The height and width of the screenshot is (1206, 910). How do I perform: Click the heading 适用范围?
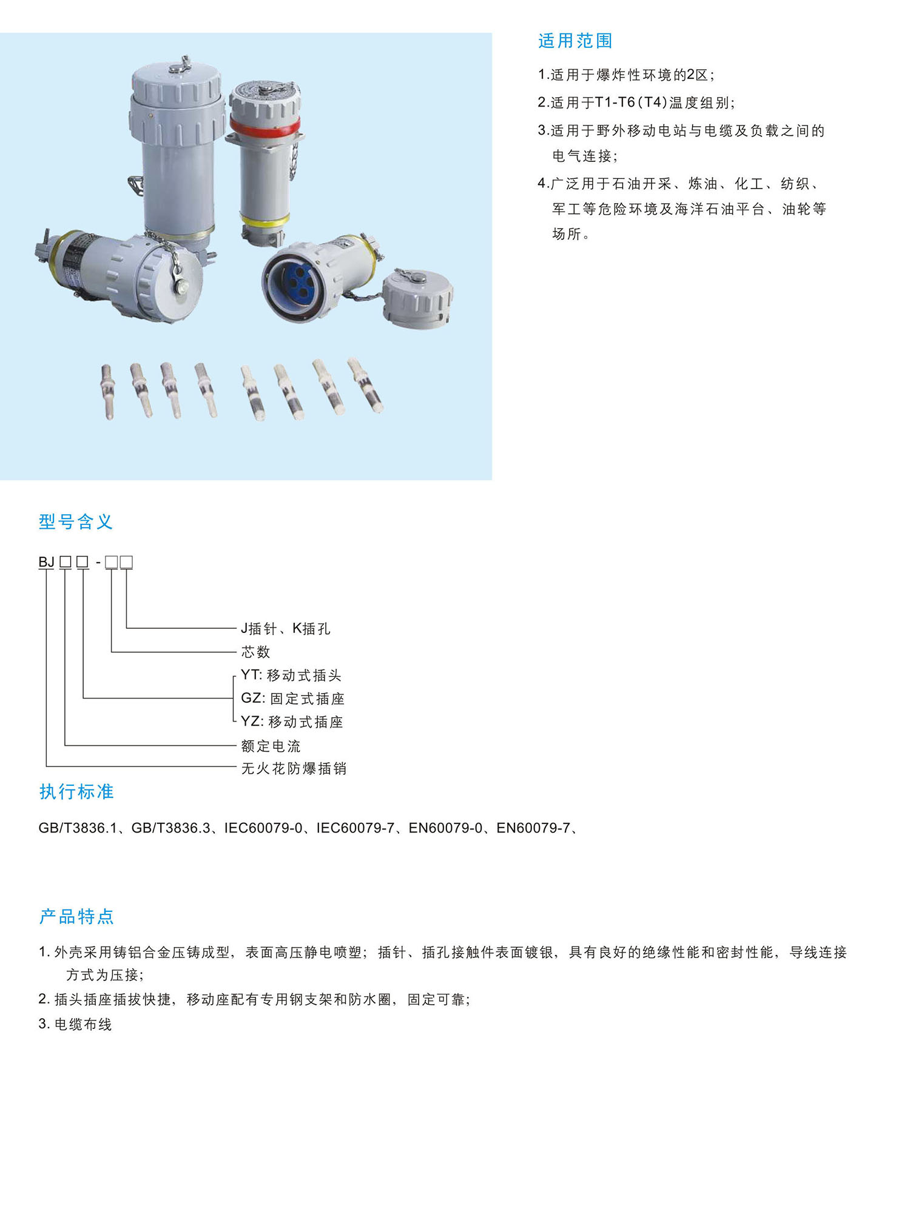coord(575,41)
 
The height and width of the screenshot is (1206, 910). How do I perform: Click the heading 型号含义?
coord(76,521)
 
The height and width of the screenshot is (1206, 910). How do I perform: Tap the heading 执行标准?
coord(76,791)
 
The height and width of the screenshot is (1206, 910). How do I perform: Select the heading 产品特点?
coord(76,916)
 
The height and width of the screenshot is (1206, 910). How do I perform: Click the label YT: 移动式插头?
coord(291,675)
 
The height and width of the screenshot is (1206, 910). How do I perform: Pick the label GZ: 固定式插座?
coord(293,698)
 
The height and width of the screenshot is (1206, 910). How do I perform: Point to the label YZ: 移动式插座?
coord(292,722)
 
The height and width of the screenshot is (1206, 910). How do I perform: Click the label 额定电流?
coord(271,746)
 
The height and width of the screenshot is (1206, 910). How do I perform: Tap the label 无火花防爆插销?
coord(294,768)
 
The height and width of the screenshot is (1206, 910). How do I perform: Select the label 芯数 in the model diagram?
coord(255,652)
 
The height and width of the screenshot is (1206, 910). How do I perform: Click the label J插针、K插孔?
coord(286,628)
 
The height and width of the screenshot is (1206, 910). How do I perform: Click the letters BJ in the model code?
coord(47,562)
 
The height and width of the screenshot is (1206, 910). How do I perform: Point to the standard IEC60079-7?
coord(356,828)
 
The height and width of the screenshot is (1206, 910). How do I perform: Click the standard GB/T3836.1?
coord(78,828)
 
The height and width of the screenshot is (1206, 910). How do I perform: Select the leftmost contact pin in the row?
coord(108,392)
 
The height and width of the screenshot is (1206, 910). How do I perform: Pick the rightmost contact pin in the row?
coord(365,386)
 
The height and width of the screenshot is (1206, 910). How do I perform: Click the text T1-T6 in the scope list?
coord(615,102)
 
